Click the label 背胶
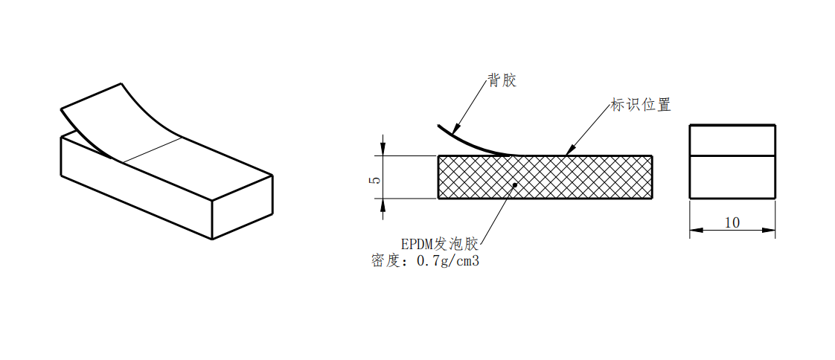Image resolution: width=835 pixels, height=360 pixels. coord(502,81)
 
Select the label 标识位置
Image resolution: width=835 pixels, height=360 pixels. coord(640,105)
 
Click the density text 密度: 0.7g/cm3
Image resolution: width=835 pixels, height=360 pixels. coord(424,261)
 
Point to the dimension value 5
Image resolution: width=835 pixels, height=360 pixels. coord(376,179)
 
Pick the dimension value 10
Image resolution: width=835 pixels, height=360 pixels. coord(732,222)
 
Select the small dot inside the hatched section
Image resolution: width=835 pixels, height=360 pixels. coord(515,184)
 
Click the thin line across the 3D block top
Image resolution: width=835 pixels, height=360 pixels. coord(153,150)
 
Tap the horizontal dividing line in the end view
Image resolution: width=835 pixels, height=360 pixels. coord(732,155)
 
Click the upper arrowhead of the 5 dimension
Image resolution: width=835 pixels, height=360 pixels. coord(383,149)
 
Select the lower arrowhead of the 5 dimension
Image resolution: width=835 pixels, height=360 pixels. coord(383,205)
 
